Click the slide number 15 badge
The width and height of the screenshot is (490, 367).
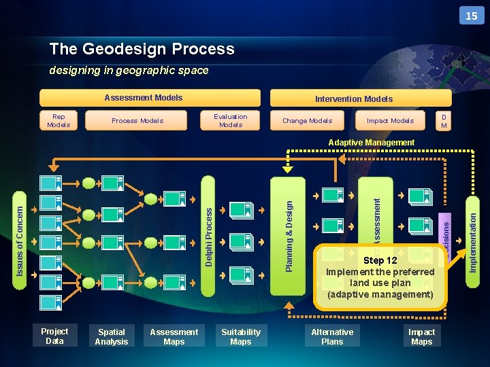472,16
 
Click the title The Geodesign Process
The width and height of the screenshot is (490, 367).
142,49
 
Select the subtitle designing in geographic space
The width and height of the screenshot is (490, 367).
129,70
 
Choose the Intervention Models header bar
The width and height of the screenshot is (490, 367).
354,99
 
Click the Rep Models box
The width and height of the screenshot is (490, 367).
59,121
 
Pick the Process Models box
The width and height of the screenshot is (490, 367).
137,121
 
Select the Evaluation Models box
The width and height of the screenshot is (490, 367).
231,121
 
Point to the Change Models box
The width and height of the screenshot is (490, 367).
307,121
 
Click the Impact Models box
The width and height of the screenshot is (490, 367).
390,121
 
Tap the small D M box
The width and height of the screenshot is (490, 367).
444,121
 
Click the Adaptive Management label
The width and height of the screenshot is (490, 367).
371,143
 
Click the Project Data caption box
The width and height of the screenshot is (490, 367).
54,336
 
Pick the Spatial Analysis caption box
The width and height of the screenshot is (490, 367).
112,337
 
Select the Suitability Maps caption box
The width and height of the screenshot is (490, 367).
241,337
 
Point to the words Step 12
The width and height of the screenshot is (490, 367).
380,261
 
